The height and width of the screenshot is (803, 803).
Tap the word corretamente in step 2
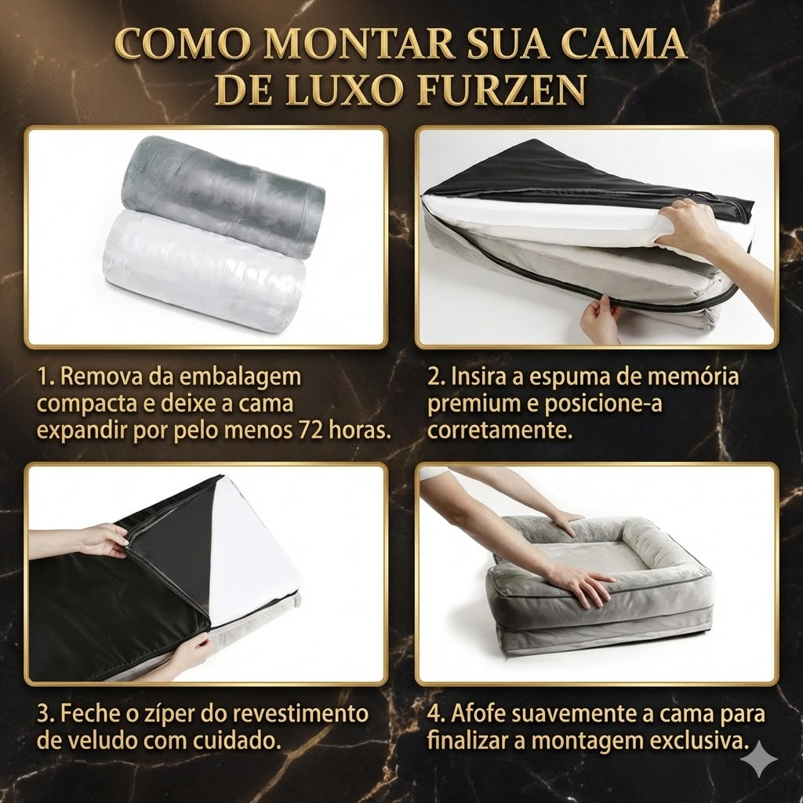pos(500,431)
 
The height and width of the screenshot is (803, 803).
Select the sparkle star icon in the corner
pos(761,759)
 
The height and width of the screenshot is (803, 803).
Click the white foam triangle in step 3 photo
pos(253,552)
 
